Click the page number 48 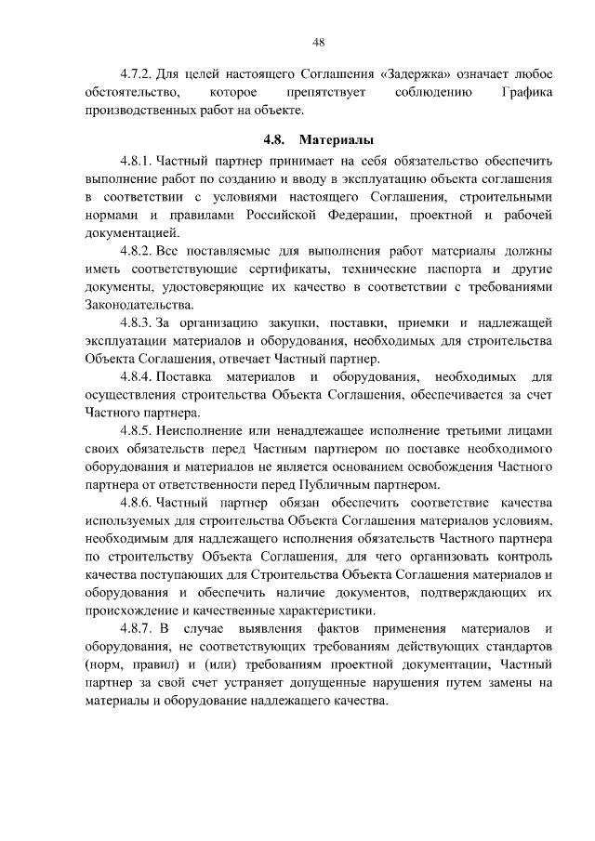[318, 42]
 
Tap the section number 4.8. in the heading [275, 141]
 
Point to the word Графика [527, 93]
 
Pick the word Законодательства [139, 305]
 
